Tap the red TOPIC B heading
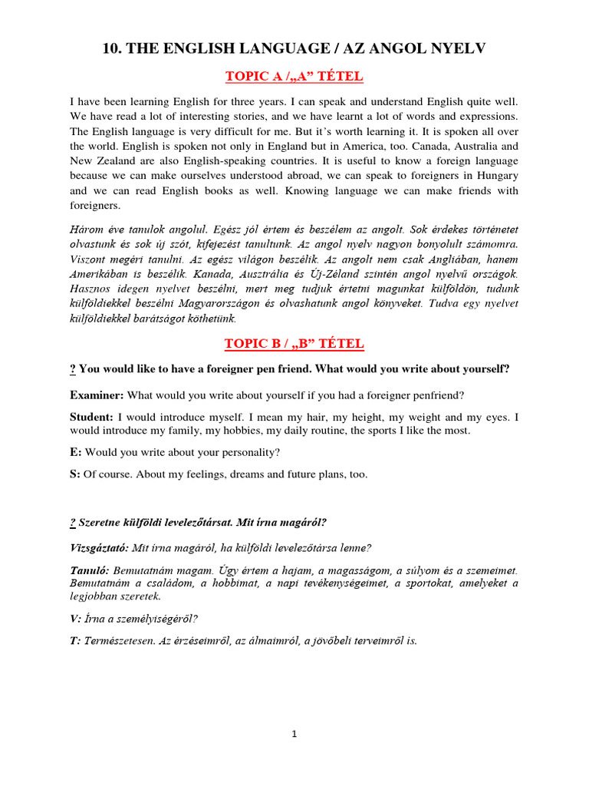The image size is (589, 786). coord(294,343)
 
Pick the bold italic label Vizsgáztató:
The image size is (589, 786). coord(99,548)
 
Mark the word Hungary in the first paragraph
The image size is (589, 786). coord(495,176)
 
